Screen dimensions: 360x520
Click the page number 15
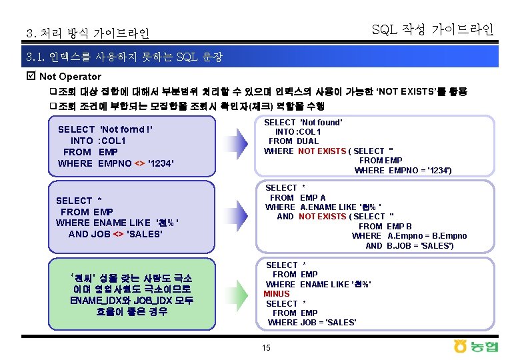[x=267, y=348]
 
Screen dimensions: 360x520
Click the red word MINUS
[x=277, y=294]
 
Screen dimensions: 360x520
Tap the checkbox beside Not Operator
[x=29, y=77]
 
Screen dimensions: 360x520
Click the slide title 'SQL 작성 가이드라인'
[x=432, y=29]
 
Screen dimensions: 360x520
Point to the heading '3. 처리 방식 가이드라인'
[x=87, y=33]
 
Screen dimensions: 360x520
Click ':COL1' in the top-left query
[x=112, y=141]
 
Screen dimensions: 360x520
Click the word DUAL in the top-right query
[x=307, y=141]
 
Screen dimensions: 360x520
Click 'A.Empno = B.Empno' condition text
[x=427, y=236]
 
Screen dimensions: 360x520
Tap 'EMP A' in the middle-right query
[x=313, y=197]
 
